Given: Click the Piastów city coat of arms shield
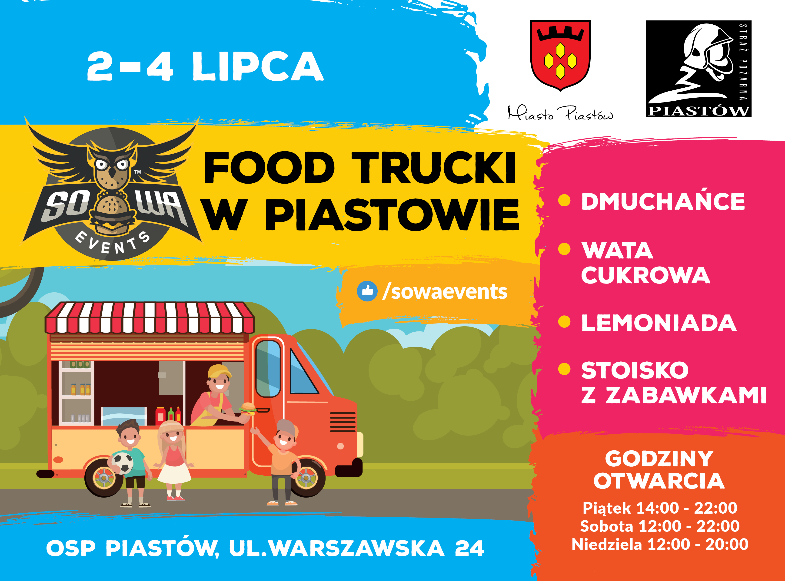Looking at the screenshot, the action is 560,55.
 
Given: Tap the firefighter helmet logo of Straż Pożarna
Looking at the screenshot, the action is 699,69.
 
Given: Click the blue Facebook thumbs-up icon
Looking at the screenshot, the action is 367,291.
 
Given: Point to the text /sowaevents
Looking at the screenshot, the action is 445,292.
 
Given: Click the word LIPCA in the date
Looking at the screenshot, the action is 258,66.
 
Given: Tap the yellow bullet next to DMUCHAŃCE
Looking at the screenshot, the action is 564,200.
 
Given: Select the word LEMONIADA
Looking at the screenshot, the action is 659,323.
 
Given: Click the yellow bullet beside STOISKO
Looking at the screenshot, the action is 564,369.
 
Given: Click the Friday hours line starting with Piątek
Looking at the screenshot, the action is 660,508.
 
